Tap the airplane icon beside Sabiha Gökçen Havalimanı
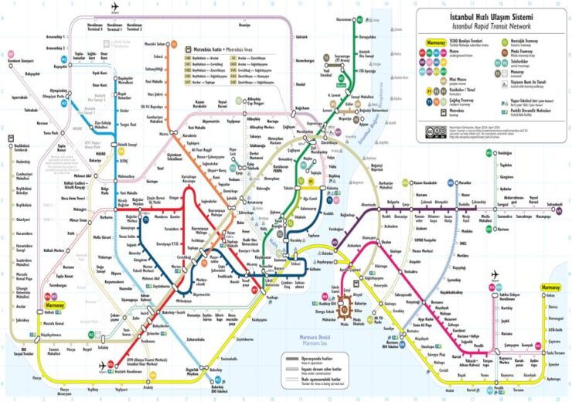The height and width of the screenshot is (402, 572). (x=495, y=276)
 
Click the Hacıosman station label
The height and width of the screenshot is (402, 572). (x=345, y=18)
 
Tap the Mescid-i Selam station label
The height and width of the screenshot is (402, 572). (x=155, y=45)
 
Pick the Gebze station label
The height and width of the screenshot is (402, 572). (x=550, y=296)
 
